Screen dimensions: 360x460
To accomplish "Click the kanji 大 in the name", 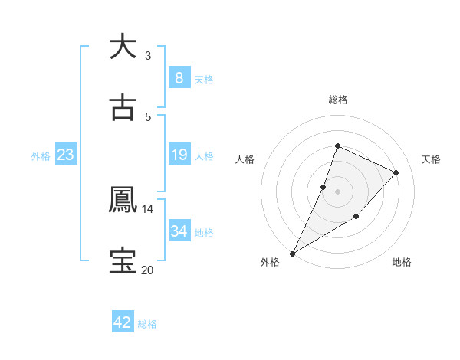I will tap(122, 47).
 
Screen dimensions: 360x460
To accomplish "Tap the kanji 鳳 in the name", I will tap(122, 201).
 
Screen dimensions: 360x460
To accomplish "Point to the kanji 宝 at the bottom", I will tap(122, 261).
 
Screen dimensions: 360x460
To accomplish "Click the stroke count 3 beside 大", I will tap(147, 55).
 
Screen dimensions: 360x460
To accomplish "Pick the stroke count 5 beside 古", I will tap(147, 116).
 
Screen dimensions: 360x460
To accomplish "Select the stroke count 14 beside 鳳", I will tap(148, 208).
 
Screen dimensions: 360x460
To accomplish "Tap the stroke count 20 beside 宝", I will tap(147, 270).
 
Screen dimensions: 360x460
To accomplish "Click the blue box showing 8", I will tap(179, 78).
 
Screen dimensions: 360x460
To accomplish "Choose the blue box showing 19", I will tap(179, 155).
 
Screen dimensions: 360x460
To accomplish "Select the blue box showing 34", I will tap(179, 231).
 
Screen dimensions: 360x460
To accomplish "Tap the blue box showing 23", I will tap(66, 155).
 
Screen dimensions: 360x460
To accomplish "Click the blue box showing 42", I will tap(123, 322).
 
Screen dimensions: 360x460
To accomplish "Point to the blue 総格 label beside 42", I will tap(147, 324).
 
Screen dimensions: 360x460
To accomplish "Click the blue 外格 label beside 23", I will tap(41, 156).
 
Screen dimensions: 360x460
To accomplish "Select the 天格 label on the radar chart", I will tap(431, 159).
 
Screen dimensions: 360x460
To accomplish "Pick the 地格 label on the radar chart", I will tap(402, 262).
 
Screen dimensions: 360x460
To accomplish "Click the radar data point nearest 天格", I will tap(396, 172).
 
